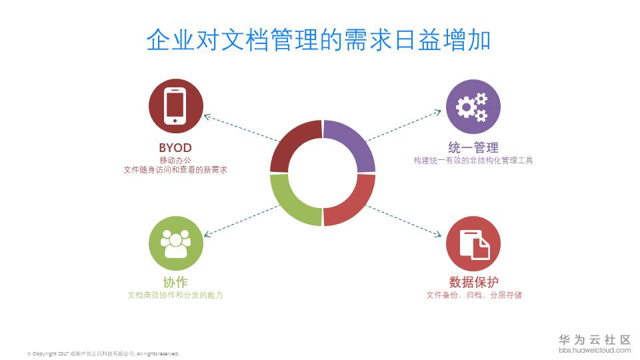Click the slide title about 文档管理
coord(319,40)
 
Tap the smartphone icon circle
coord(176,106)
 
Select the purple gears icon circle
coord(473,107)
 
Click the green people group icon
coord(176,243)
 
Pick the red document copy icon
coord(473,244)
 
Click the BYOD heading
coord(175,148)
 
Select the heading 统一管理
coord(473,147)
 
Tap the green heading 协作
coord(175,282)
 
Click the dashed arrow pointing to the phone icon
coord(241,128)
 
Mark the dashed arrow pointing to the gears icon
coord(404,125)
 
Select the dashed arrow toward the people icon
coord(241,221)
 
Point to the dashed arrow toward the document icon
coord(404,221)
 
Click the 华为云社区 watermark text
coord(595,339)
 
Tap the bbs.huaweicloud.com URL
coord(595,350)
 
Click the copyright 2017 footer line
coord(103,353)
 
